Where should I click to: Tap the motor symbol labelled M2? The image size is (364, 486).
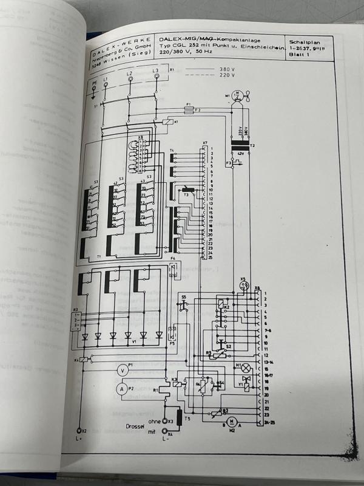[230, 421]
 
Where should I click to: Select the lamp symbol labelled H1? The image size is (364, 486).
[246, 368]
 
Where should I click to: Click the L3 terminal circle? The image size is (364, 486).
[156, 78]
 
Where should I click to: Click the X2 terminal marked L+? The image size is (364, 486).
[78, 430]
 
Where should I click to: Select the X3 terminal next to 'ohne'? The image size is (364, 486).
[164, 420]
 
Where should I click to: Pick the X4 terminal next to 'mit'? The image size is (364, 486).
[164, 433]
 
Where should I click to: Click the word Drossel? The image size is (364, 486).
[135, 426]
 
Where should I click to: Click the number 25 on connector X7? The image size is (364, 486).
[209, 258]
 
